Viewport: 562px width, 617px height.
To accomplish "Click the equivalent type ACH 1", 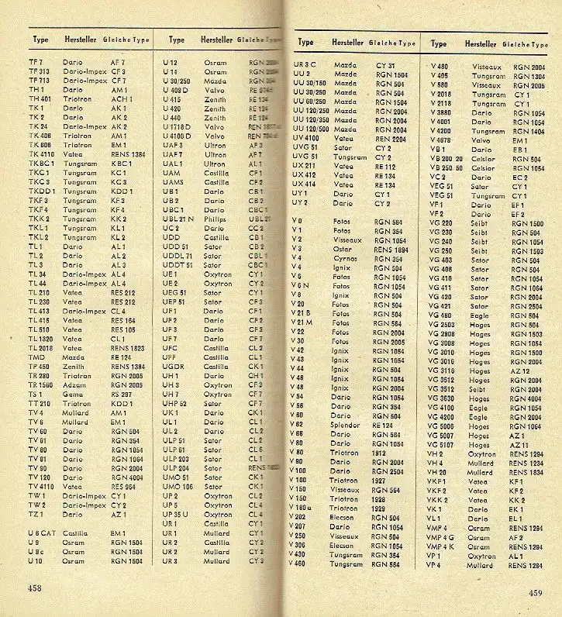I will click(121, 99).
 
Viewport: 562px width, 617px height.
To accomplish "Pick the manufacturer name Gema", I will click(71, 394).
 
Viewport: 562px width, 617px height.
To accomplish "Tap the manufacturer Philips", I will click(215, 219).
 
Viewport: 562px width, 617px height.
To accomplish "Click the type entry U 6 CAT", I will click(42, 533).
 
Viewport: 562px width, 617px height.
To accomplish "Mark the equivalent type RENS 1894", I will click(391, 250).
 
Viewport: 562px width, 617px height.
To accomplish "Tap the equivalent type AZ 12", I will click(519, 371).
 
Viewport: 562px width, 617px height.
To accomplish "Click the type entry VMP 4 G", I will click(440, 537).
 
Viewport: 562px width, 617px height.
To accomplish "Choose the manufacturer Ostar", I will click(343, 250).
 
